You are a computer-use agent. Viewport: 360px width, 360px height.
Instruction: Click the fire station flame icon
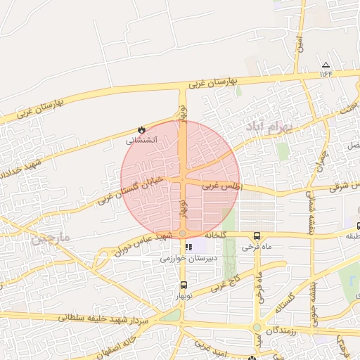142,129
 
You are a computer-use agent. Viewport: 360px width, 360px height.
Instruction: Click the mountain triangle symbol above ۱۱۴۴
325,65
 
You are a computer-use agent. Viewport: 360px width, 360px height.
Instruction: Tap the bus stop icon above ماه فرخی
257,236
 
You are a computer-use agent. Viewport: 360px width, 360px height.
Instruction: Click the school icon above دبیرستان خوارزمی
188,247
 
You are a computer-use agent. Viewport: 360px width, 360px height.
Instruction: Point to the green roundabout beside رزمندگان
257,328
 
